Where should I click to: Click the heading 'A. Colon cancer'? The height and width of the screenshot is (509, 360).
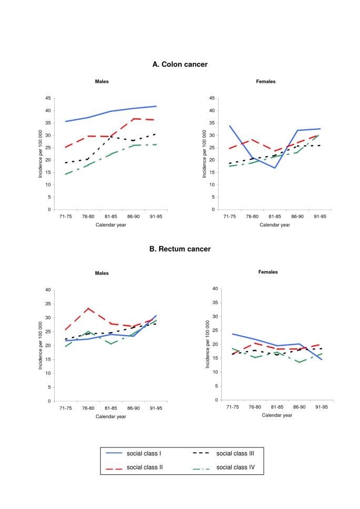click(180, 64)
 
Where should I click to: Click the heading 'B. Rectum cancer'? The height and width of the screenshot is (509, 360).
click(180, 248)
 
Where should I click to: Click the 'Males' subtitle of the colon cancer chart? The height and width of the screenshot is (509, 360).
click(102, 81)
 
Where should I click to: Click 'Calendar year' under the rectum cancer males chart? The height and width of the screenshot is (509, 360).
click(111, 416)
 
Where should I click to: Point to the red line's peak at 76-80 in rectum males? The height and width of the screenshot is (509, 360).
click(88, 308)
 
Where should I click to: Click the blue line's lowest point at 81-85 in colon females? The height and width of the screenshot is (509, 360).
click(274, 168)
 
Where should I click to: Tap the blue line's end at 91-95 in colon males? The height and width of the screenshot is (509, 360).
click(157, 106)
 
